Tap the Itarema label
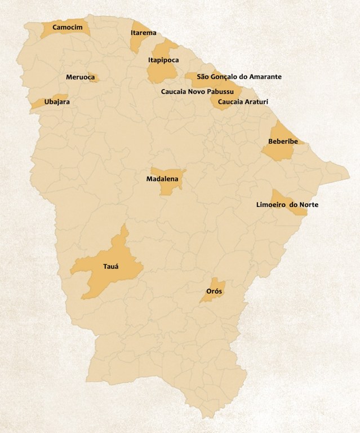click(143, 33)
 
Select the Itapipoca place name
click(163, 59)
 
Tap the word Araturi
click(255, 102)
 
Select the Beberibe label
click(283, 141)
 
